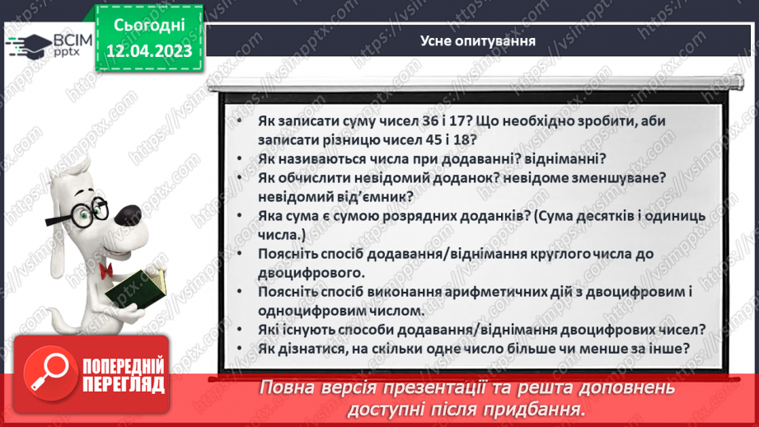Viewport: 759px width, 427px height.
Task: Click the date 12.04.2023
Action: pos(149,51)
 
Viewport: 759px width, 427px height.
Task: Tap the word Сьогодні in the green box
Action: pos(149,26)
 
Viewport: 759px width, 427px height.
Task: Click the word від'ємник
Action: pos(368,196)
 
